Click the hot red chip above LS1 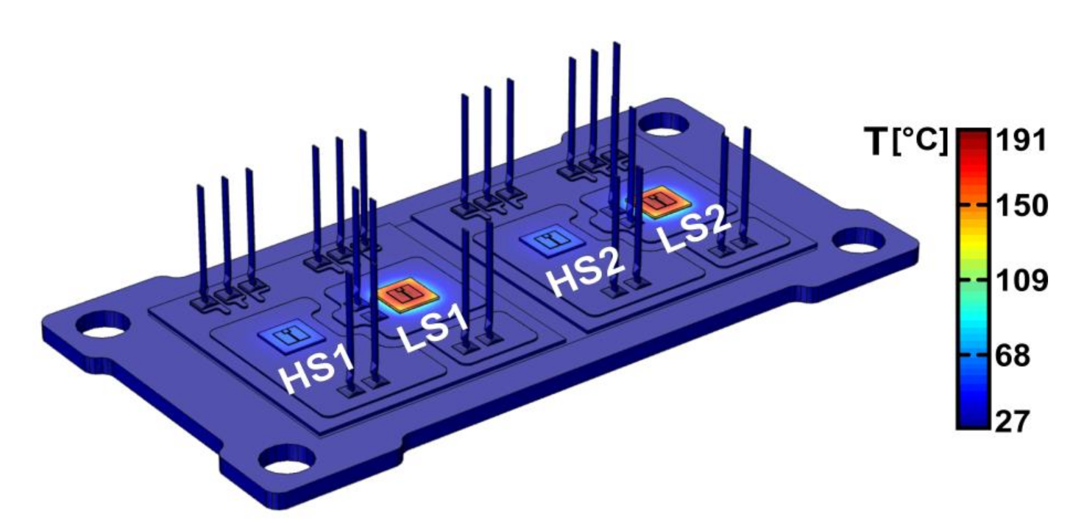pos(408,295)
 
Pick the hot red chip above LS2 pos(659,203)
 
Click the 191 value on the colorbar pos(1021,141)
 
